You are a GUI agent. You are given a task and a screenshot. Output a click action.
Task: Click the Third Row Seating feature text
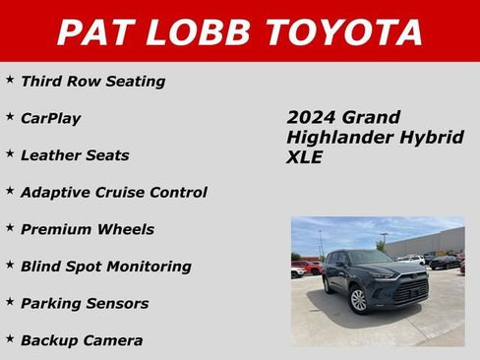[92, 82]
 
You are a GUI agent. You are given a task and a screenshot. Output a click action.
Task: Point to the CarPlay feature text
[50, 119]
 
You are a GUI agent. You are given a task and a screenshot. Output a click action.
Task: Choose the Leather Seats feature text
[75, 155]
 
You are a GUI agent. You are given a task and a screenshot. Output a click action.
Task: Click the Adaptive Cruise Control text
[113, 193]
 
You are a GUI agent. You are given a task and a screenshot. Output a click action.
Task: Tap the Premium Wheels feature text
[87, 230]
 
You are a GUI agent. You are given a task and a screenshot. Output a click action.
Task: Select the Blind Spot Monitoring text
[105, 267]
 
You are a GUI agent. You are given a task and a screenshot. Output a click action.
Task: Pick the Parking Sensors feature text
[84, 304]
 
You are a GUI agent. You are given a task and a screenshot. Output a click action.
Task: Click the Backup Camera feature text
[81, 341]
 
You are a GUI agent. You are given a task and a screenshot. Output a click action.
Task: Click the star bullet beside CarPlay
[10, 116]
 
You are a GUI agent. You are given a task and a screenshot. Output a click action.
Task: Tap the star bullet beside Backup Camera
[10, 338]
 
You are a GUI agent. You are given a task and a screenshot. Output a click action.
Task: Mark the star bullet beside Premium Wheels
[10, 227]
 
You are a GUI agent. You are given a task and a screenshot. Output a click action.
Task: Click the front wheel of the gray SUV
[360, 299]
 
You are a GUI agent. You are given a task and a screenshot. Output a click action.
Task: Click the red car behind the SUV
[313, 267]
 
